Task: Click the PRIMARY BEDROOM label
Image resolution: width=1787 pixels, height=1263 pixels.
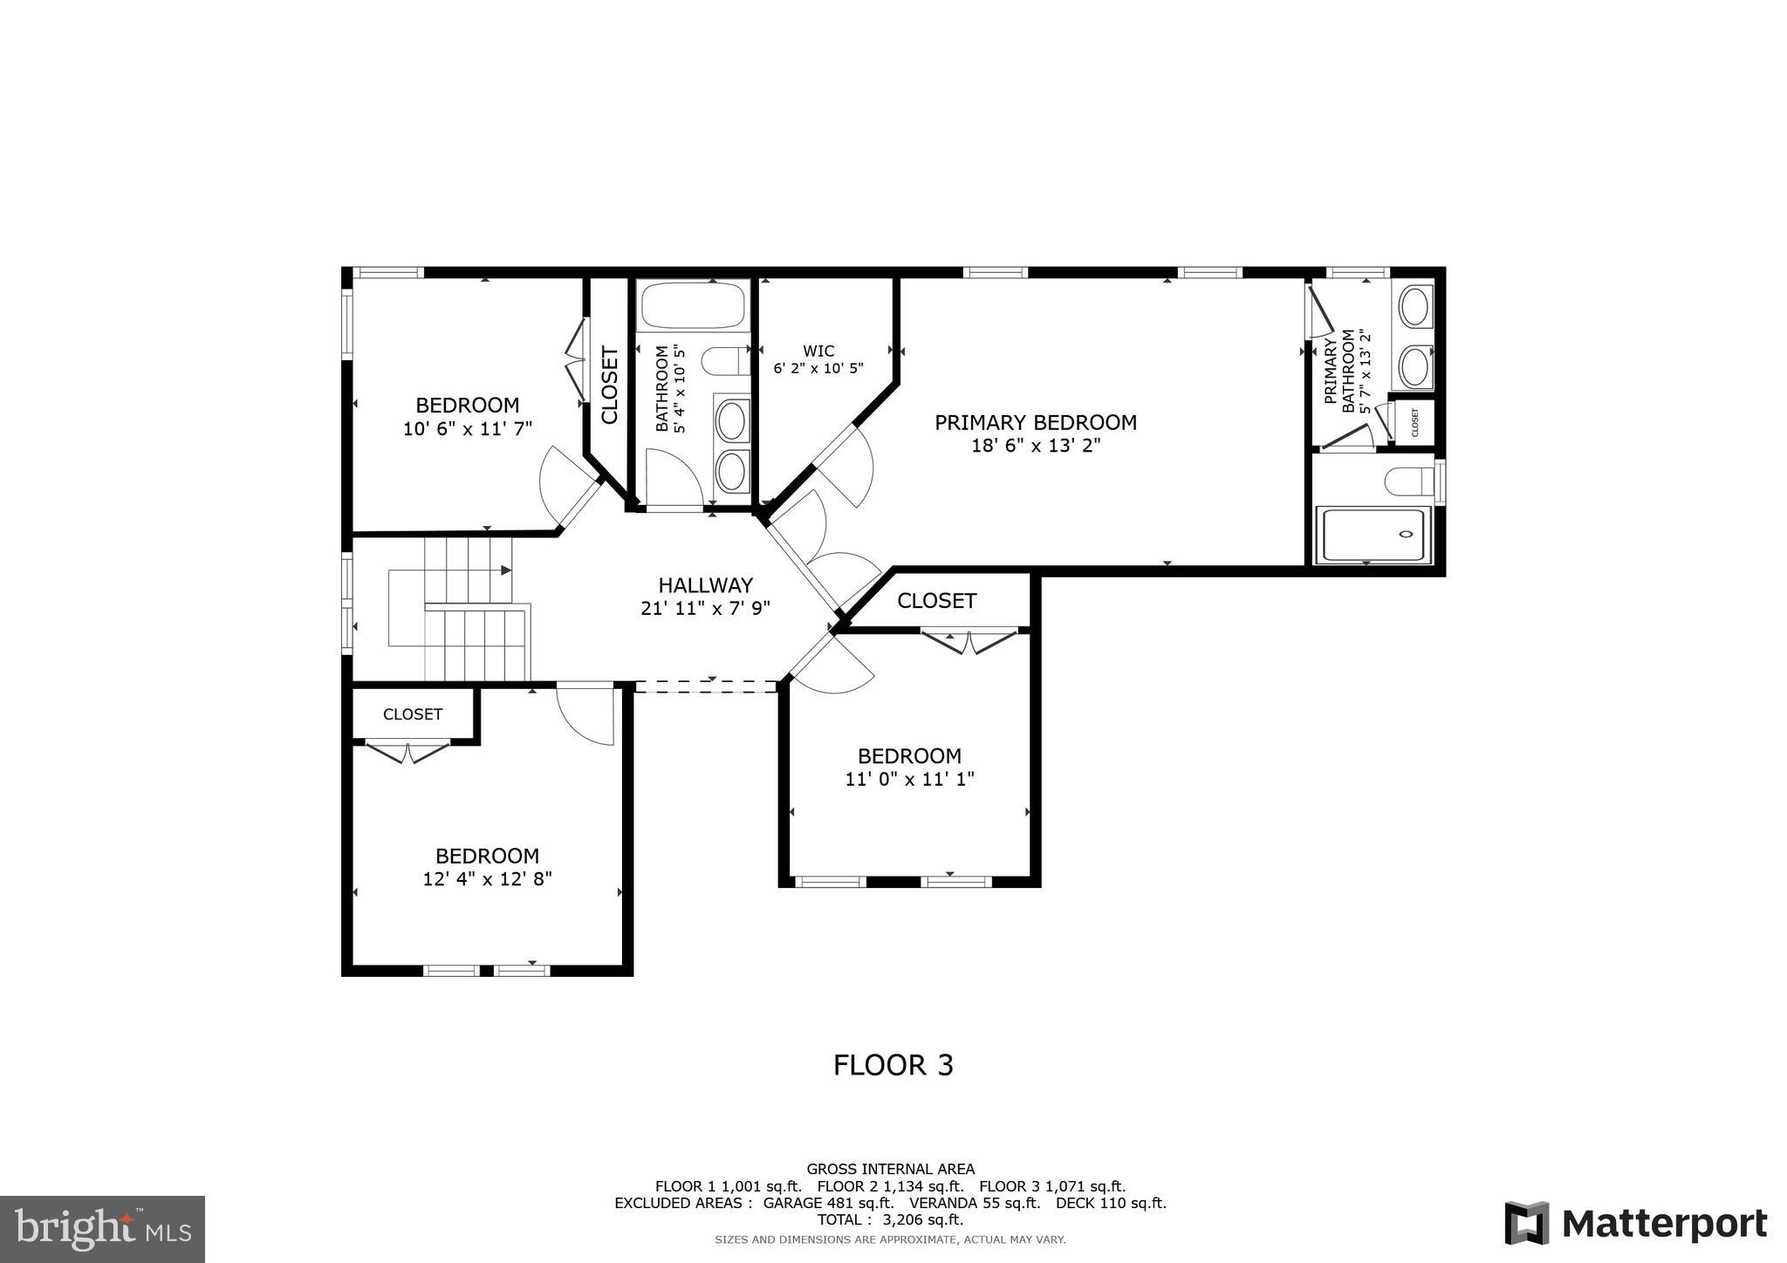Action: point(1035,423)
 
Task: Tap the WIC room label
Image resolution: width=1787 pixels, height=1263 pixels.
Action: point(818,352)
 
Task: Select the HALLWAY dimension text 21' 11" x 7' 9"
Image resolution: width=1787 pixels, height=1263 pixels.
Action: point(705,609)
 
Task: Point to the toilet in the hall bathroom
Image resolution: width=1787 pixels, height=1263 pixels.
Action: point(725,360)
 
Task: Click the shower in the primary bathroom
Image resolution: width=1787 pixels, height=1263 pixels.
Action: point(1373,535)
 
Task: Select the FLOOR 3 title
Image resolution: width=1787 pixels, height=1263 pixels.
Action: point(893,1065)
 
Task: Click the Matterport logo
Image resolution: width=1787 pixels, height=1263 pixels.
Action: point(1635,1223)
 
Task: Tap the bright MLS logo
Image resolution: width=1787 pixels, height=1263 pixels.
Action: point(103,1229)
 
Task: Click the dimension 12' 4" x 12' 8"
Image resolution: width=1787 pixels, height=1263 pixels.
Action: point(487,879)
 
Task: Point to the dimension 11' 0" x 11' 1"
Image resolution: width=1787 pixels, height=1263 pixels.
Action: point(909,779)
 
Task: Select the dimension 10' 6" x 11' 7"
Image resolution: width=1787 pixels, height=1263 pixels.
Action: point(467,429)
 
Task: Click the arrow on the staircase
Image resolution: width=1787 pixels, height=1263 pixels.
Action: point(505,570)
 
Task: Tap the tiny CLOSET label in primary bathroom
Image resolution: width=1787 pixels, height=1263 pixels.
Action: point(1414,423)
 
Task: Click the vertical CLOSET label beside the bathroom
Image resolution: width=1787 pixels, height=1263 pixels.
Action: point(610,386)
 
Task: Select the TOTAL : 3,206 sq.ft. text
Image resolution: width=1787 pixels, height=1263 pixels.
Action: point(890,1219)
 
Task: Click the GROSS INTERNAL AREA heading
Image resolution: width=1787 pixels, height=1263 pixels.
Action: point(890,1169)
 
